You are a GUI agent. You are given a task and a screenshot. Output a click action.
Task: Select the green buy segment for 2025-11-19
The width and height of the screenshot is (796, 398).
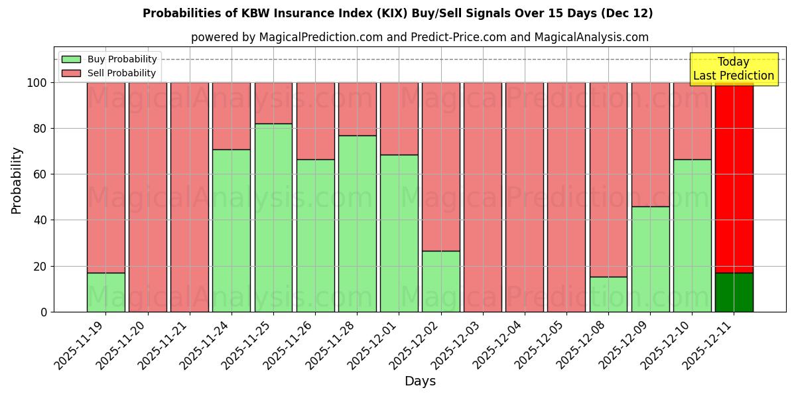(x=105, y=292)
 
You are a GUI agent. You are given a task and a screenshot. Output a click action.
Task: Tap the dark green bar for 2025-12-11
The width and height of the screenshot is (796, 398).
(x=734, y=292)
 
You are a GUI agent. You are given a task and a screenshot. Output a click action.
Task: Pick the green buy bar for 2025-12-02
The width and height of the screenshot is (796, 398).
(x=441, y=281)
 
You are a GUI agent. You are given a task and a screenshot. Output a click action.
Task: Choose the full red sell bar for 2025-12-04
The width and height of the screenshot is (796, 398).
(x=525, y=197)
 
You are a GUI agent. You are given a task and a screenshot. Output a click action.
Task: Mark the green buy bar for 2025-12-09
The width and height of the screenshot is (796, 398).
(x=650, y=259)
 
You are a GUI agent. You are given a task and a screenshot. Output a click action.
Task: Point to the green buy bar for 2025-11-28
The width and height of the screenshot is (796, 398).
(x=357, y=224)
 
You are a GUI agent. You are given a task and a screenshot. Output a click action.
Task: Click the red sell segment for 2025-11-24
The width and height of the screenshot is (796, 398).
(x=232, y=115)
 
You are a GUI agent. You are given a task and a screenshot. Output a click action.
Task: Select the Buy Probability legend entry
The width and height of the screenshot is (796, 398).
(x=109, y=59)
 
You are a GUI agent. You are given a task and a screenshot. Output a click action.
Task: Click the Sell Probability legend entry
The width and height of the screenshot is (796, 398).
(x=109, y=73)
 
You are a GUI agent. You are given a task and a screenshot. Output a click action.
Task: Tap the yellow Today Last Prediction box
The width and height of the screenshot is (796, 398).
(x=733, y=69)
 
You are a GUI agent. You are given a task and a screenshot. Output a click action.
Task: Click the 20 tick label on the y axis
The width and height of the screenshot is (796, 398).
(x=40, y=266)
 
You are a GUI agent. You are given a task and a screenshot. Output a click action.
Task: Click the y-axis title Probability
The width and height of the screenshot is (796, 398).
(x=17, y=180)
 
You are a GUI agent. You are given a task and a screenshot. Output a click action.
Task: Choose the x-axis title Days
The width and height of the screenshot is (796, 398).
(x=420, y=381)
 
